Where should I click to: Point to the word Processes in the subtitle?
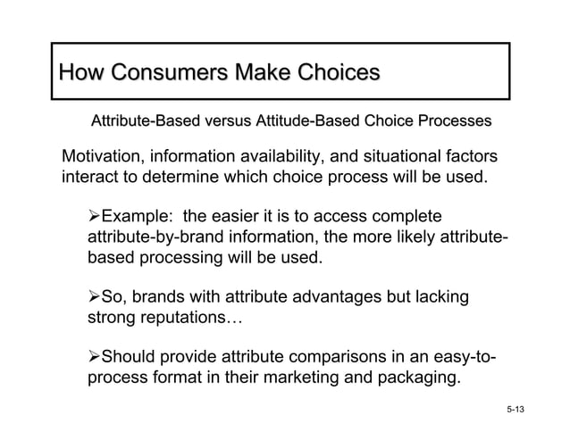[453, 120]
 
